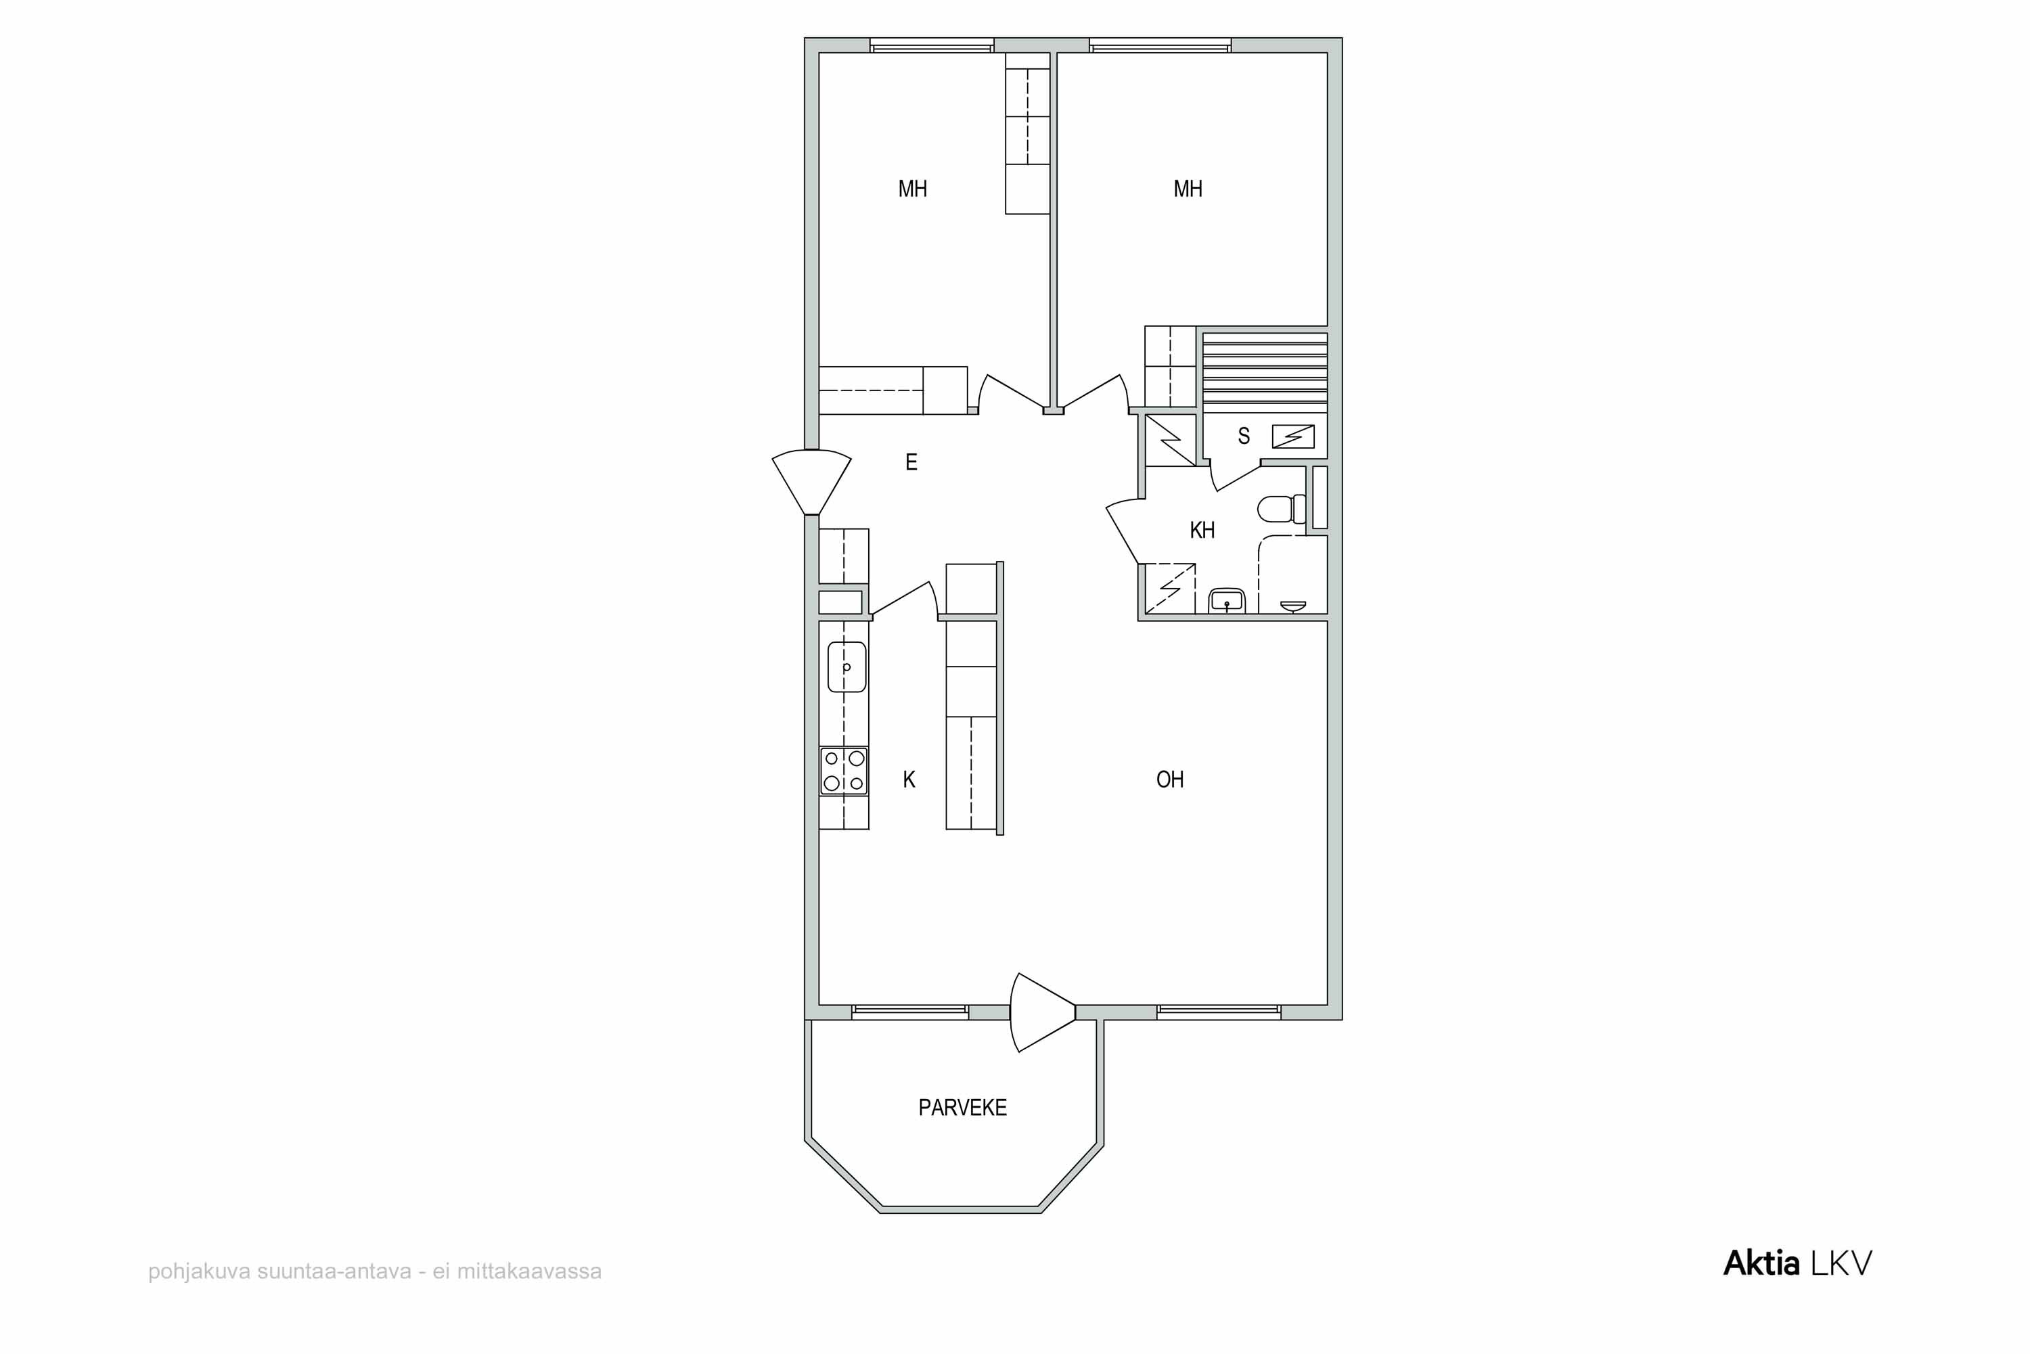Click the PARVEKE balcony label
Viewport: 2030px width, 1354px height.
(x=962, y=1108)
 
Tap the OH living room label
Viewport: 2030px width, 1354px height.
(x=1169, y=780)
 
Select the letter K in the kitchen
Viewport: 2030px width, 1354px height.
(x=908, y=780)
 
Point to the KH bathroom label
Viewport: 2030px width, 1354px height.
(x=1202, y=531)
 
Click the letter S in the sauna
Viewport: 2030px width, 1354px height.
(x=1244, y=436)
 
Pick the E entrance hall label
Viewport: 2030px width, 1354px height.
(x=911, y=462)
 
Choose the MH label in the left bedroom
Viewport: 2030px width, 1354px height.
(x=913, y=189)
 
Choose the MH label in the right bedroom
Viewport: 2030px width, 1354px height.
(x=1188, y=189)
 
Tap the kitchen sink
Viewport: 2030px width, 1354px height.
(x=847, y=667)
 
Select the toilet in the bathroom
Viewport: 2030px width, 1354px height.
(x=1282, y=509)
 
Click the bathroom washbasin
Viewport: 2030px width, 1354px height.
(x=1226, y=600)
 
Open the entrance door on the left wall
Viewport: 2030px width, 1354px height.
(x=811, y=482)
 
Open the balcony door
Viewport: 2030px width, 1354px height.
(x=1042, y=1012)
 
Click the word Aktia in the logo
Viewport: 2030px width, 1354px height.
(x=1761, y=1263)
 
